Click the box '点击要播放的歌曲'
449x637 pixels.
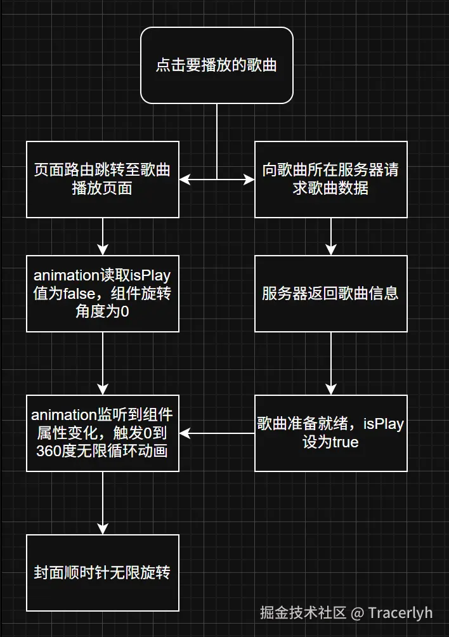(217, 65)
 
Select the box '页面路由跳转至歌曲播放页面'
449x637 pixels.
(103, 180)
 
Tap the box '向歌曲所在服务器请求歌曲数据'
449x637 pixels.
(330, 180)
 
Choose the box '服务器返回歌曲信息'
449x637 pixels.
(330, 293)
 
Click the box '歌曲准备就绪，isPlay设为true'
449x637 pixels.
(330, 433)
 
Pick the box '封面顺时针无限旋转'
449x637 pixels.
(103, 572)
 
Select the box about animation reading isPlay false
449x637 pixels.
(103, 293)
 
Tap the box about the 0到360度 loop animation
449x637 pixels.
(103, 433)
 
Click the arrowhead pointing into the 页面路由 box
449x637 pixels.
(185, 180)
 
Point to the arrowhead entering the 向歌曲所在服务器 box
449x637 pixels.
(249, 180)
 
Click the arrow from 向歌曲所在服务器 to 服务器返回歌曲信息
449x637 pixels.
(330, 236)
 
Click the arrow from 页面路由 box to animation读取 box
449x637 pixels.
(103, 236)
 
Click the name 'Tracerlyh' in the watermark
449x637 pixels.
(400, 613)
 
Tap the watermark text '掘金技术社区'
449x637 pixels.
(303, 613)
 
